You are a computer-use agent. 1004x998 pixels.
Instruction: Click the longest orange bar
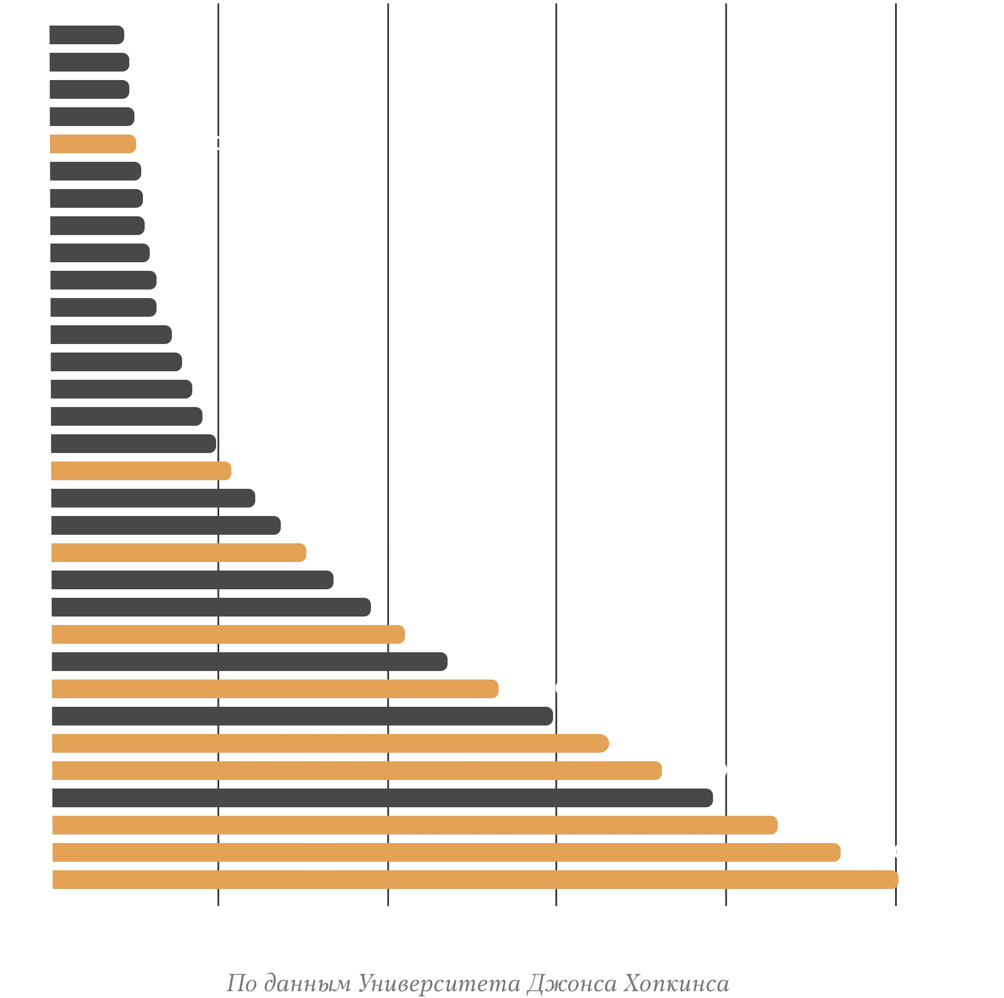pos(475,879)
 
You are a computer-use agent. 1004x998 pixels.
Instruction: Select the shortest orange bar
pos(93,144)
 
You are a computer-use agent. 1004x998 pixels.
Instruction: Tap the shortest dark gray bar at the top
pos(88,35)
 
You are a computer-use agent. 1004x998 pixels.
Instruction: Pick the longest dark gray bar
pos(384,797)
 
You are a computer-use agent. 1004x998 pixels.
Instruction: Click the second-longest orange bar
pos(448,852)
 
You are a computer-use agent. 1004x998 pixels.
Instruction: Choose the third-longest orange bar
pos(416,825)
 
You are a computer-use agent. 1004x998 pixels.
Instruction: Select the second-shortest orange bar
pos(141,471)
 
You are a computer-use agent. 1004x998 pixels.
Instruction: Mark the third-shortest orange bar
pos(180,552)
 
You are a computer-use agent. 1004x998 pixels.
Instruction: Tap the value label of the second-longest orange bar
pos(893,852)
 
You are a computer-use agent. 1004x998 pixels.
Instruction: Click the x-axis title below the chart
pos(476,983)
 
